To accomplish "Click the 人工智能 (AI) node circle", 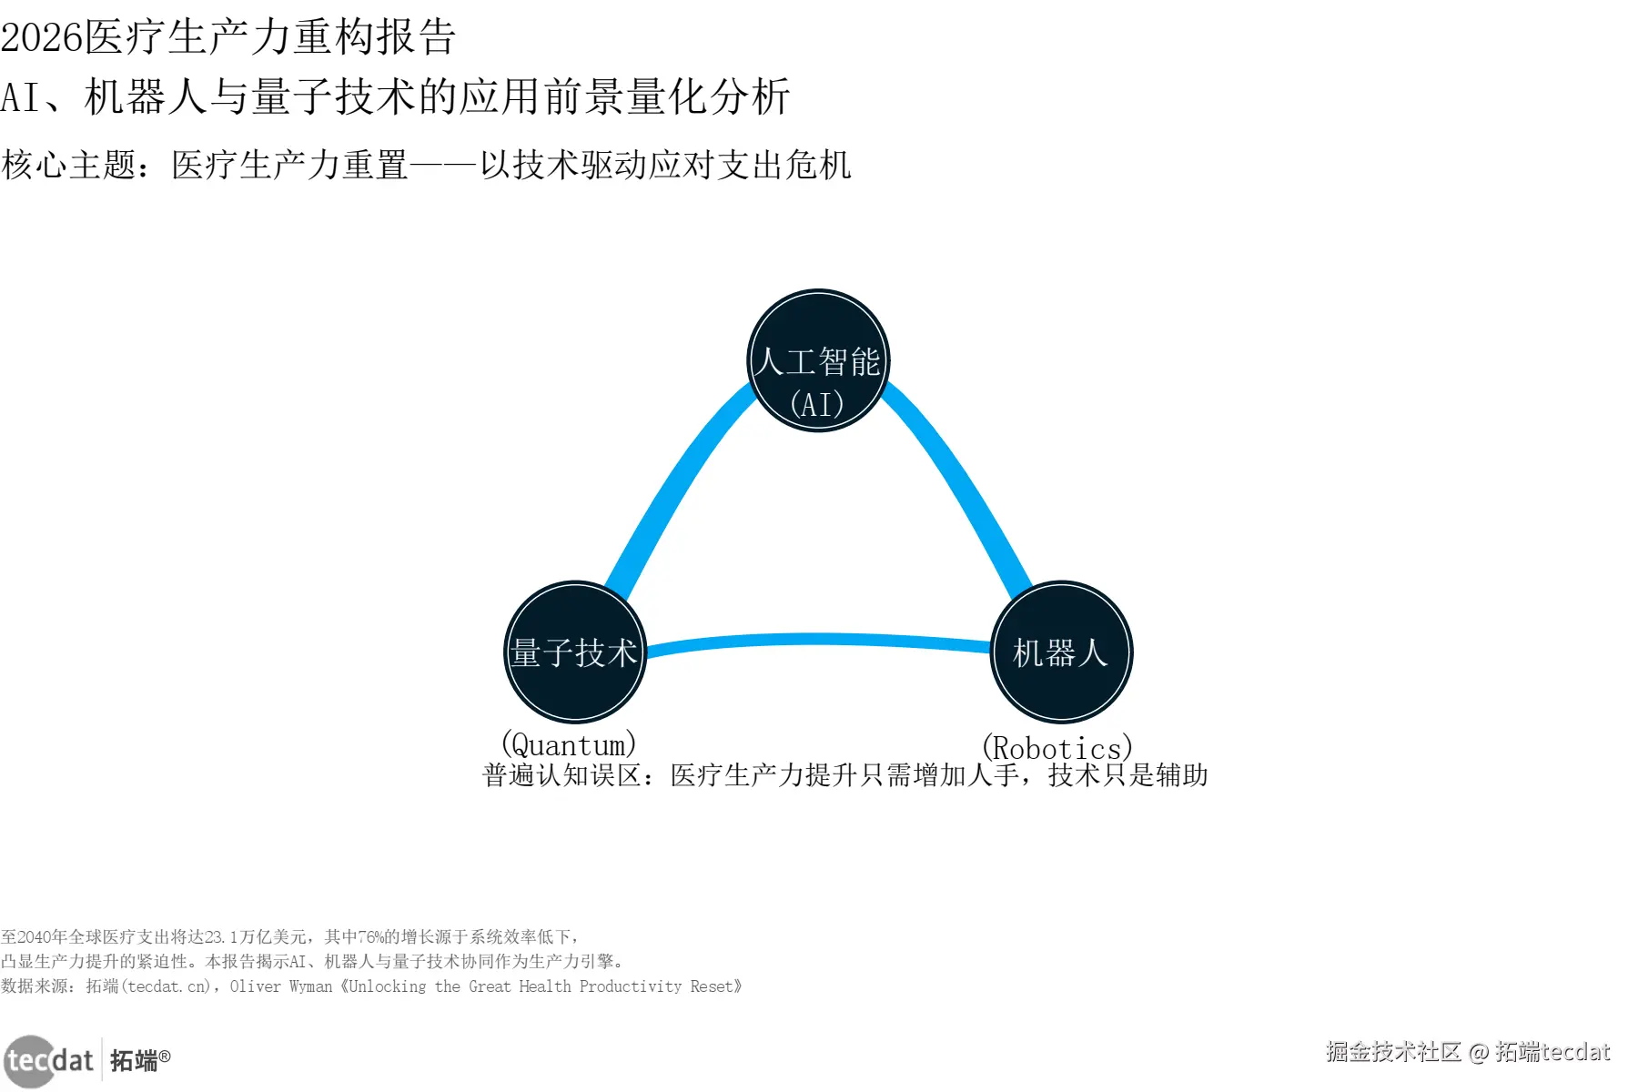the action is click(x=818, y=361).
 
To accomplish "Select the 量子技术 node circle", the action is click(x=575, y=652).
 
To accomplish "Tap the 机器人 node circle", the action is click(x=1061, y=652).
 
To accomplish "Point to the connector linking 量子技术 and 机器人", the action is click(x=818, y=640).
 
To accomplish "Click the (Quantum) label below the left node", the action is click(x=569, y=745).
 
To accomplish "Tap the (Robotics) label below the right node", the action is click(x=1057, y=748).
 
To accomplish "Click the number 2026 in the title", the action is click(x=42, y=37).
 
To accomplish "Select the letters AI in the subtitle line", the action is click(x=20, y=97).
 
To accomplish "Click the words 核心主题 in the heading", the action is click(x=69, y=166).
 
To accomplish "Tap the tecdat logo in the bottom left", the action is click(x=49, y=1060).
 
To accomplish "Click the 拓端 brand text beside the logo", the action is click(x=134, y=1060).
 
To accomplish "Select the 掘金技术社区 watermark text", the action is click(x=1393, y=1052).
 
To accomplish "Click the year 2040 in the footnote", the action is click(x=35, y=937).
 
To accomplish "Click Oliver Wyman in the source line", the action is click(x=281, y=986).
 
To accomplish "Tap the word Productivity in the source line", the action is click(x=630, y=986).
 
